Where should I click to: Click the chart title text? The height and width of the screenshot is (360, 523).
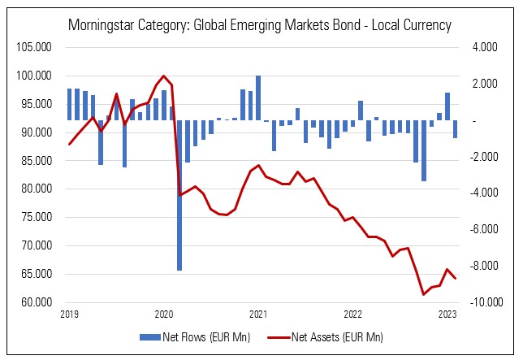point(261,25)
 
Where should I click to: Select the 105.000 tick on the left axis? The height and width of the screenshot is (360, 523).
point(34,47)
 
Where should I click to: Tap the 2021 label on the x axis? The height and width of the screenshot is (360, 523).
point(258,314)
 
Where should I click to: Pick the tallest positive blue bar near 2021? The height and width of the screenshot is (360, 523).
point(258,98)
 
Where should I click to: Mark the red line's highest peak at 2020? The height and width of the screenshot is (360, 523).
point(164,76)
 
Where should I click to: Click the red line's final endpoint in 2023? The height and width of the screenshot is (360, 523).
point(456,279)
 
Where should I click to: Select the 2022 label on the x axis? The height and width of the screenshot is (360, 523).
point(352,314)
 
